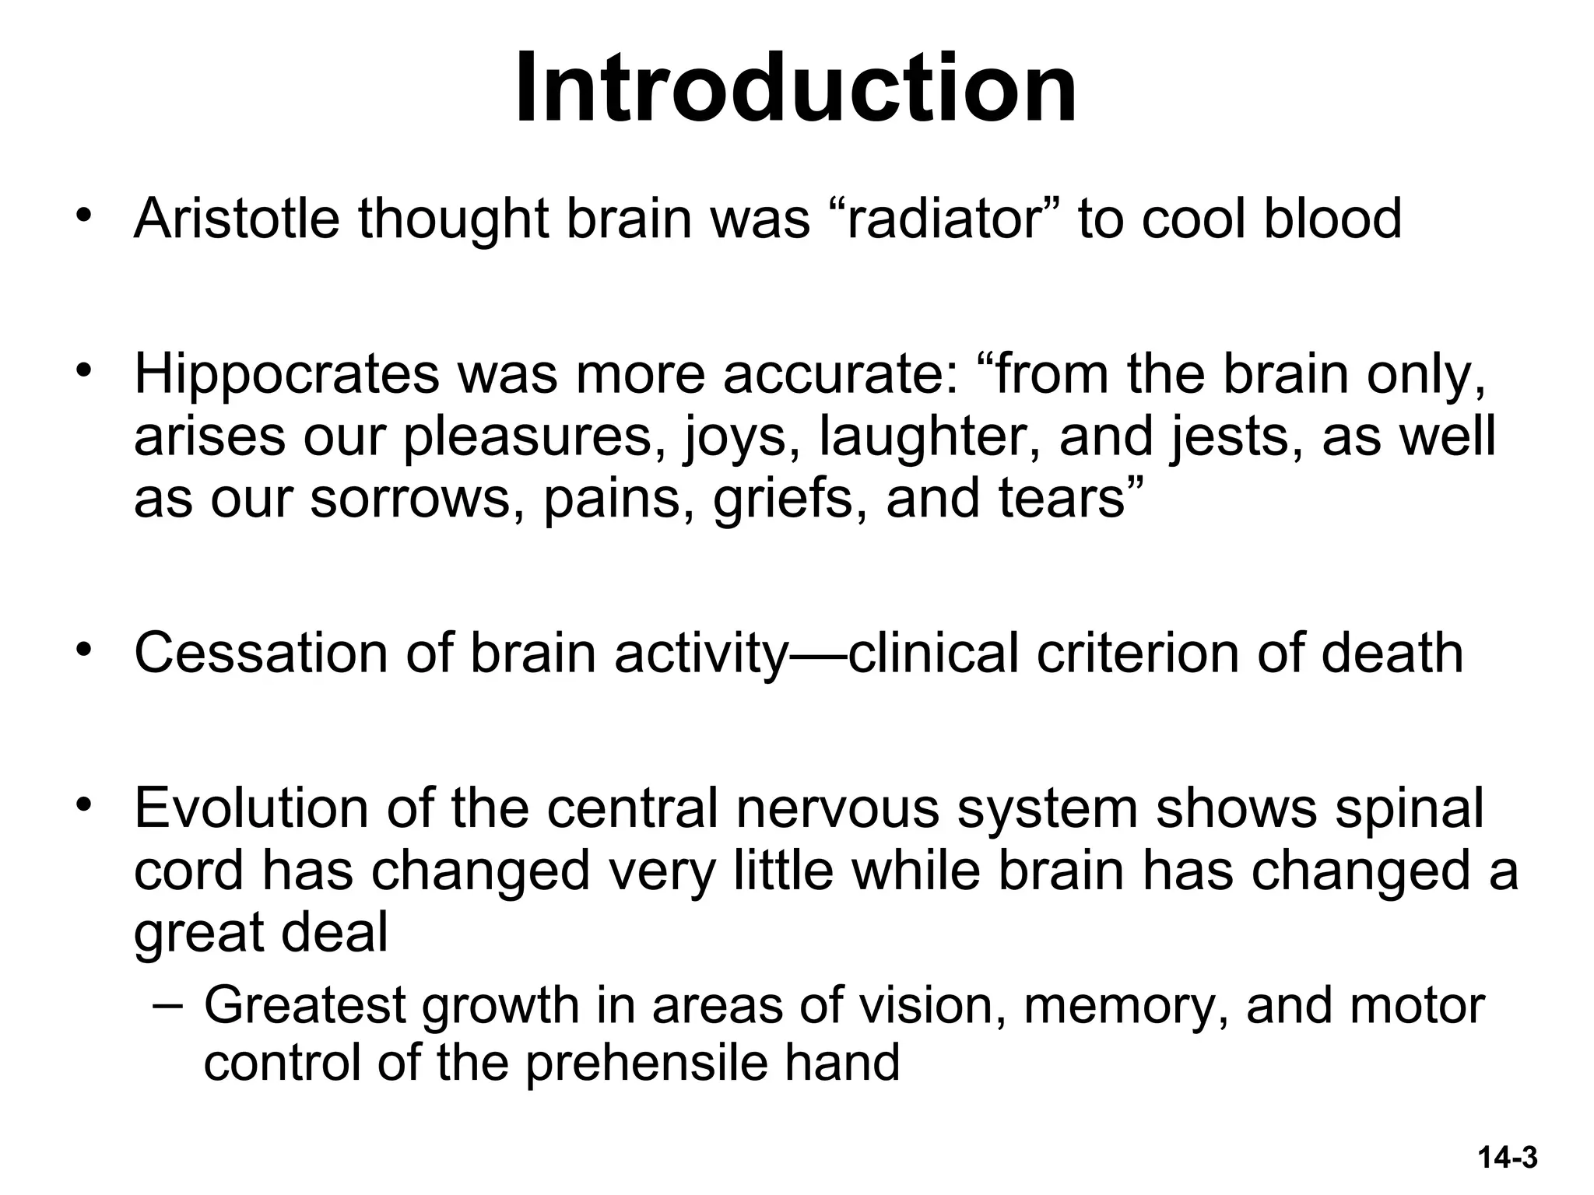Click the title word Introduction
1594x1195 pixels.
pyautogui.click(x=795, y=87)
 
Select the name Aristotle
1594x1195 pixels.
pyautogui.click(x=237, y=219)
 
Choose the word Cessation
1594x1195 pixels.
pyautogui.click(x=261, y=653)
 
